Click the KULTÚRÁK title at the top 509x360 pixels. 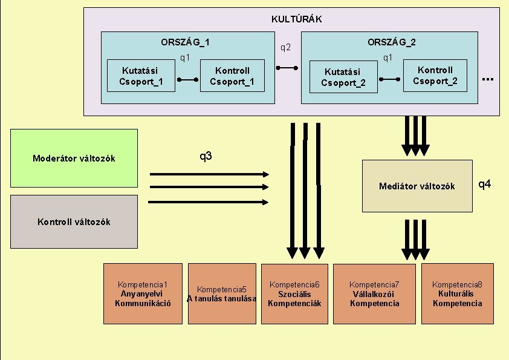click(x=296, y=19)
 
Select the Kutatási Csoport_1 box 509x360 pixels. click(x=141, y=76)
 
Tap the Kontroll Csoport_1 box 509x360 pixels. click(x=232, y=76)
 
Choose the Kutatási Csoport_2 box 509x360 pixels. click(x=343, y=77)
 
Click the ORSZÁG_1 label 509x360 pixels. click(x=185, y=42)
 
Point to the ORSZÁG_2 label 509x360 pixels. click(x=391, y=42)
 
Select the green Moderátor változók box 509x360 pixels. click(x=74, y=159)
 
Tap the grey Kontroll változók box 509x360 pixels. click(x=74, y=221)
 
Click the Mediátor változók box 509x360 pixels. click(x=417, y=186)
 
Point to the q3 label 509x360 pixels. click(x=206, y=157)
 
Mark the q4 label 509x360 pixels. click(x=485, y=183)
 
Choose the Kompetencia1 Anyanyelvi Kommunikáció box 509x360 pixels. click(x=143, y=293)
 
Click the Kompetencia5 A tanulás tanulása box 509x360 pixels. click(x=222, y=293)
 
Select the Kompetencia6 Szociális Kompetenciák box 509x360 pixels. click(x=294, y=293)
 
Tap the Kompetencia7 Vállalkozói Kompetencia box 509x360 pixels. click(x=374, y=293)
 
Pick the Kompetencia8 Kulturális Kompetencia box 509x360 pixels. click(x=457, y=293)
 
